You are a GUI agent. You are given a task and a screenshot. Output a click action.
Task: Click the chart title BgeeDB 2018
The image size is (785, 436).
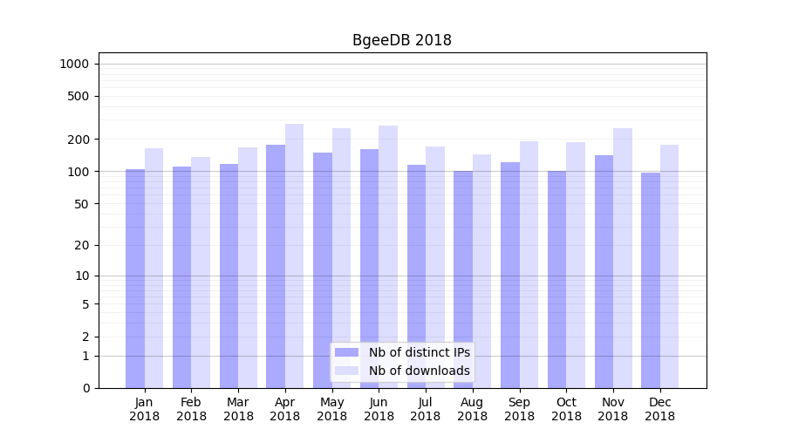tap(401, 40)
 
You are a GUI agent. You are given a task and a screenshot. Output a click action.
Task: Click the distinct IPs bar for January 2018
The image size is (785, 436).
tap(135, 278)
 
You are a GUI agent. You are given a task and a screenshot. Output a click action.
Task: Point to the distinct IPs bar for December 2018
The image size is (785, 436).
tap(651, 280)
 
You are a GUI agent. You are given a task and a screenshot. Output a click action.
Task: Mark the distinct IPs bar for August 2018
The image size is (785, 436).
tap(463, 279)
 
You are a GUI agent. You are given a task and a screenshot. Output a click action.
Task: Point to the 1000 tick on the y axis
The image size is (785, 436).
tap(74, 64)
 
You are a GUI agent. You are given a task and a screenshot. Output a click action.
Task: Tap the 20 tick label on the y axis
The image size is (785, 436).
tap(81, 245)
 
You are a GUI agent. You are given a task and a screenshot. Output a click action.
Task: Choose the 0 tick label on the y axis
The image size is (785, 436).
tap(85, 388)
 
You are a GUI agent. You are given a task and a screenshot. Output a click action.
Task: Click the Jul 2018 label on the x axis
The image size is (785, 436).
tap(426, 409)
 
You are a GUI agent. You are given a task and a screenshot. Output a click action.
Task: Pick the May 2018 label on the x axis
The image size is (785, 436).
tap(331, 409)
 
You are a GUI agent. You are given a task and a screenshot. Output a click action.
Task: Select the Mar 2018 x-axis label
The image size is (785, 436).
tap(238, 409)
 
